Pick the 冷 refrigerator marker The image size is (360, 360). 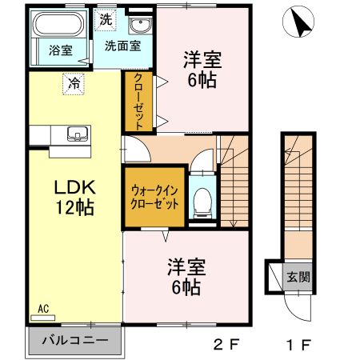74,82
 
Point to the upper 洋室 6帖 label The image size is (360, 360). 202,69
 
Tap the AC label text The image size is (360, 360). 43,308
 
